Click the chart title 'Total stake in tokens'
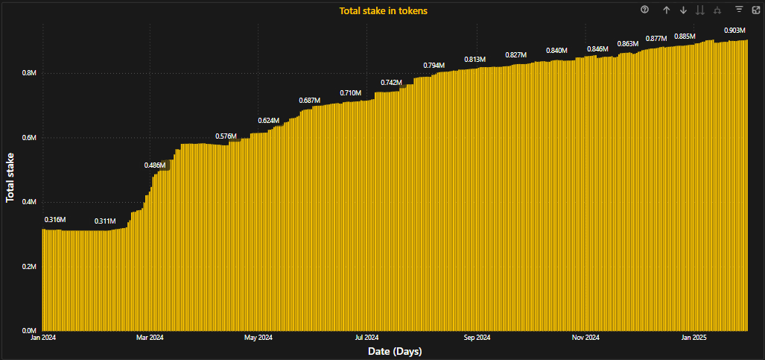tap(383, 11)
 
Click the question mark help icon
tap(645, 10)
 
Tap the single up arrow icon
tap(667, 10)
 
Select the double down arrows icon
tap(699, 10)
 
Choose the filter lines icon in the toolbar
tap(739, 10)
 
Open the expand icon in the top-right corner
tap(755, 10)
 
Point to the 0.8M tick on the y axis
tap(29, 74)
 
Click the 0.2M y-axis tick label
tap(29, 267)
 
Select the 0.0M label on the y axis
tap(29, 331)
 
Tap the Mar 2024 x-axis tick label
tap(150, 338)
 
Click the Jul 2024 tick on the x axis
tap(366, 338)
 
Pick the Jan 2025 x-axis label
tap(694, 338)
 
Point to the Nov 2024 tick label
tap(585, 338)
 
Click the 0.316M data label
tap(55, 220)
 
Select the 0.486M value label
tap(155, 165)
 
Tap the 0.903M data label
tap(734, 31)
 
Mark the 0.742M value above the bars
tap(391, 82)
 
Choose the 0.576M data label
tap(226, 136)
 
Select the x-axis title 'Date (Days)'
tap(395, 350)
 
